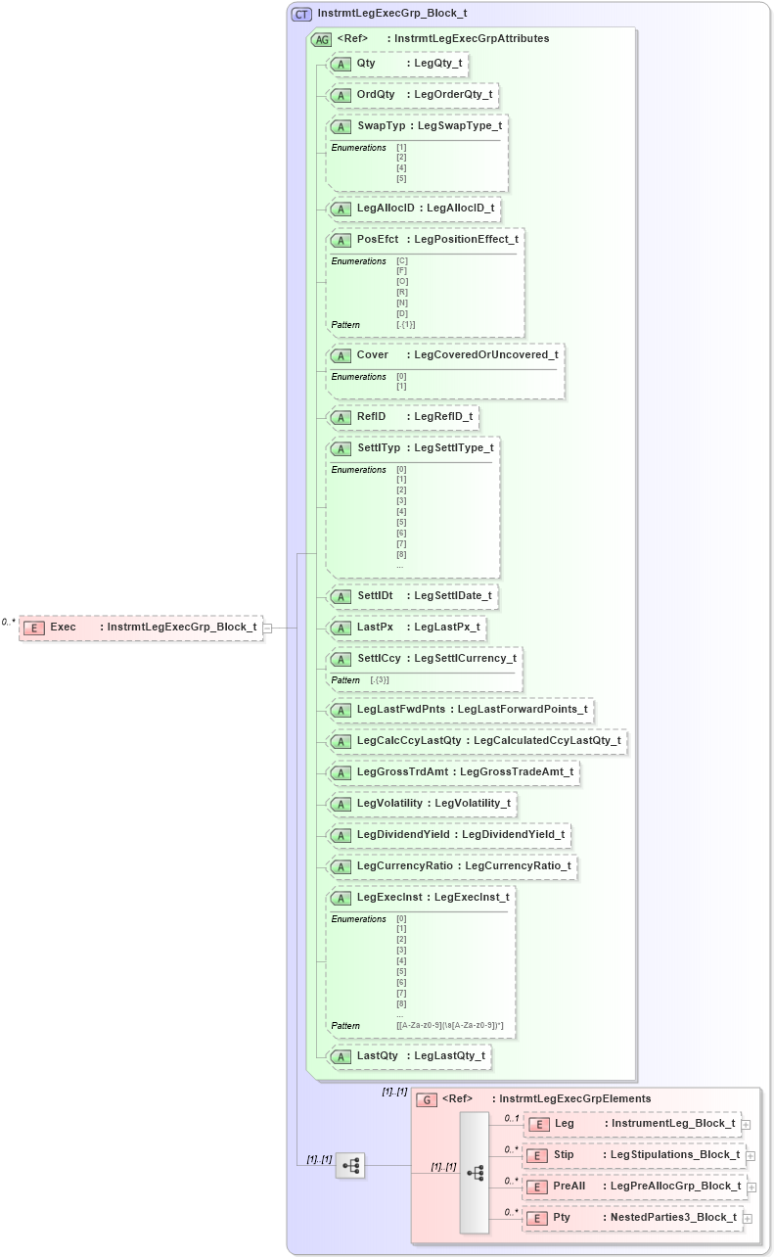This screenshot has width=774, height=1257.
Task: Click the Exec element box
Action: pyautogui.click(x=141, y=628)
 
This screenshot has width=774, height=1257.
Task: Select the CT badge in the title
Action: pyautogui.click(x=301, y=14)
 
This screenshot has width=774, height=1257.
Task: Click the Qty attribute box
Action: pyautogui.click(x=396, y=64)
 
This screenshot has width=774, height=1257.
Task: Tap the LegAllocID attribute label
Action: pyautogui.click(x=388, y=209)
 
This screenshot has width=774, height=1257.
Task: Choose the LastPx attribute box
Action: pyautogui.click(x=407, y=628)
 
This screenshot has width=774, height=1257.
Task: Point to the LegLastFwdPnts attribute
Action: pyautogui.click(x=460, y=710)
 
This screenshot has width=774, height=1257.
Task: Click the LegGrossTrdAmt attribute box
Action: pyautogui.click(x=453, y=772)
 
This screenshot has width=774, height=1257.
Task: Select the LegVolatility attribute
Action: pyautogui.click(x=422, y=804)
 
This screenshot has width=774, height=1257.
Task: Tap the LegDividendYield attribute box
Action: pyautogui.click(x=449, y=835)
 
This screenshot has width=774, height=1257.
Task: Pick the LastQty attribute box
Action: pyautogui.click(x=409, y=1056)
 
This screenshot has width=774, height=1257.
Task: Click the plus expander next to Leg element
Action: pyautogui.click(x=746, y=1125)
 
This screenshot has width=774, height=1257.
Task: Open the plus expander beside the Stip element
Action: pyautogui.click(x=751, y=1156)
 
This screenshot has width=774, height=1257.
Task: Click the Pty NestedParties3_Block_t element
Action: pyautogui.click(x=632, y=1218)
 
